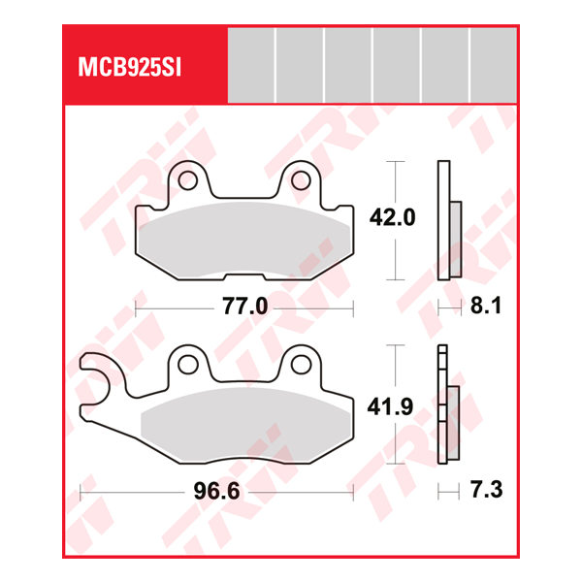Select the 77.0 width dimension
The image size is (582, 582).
[244, 307]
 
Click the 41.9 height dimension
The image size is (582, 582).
[392, 406]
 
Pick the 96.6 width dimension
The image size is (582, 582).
[216, 492]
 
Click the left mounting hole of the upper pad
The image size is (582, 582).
[192, 180]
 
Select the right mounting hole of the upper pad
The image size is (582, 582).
[302, 180]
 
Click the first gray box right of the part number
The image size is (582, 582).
[251, 66]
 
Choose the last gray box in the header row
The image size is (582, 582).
[492, 66]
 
